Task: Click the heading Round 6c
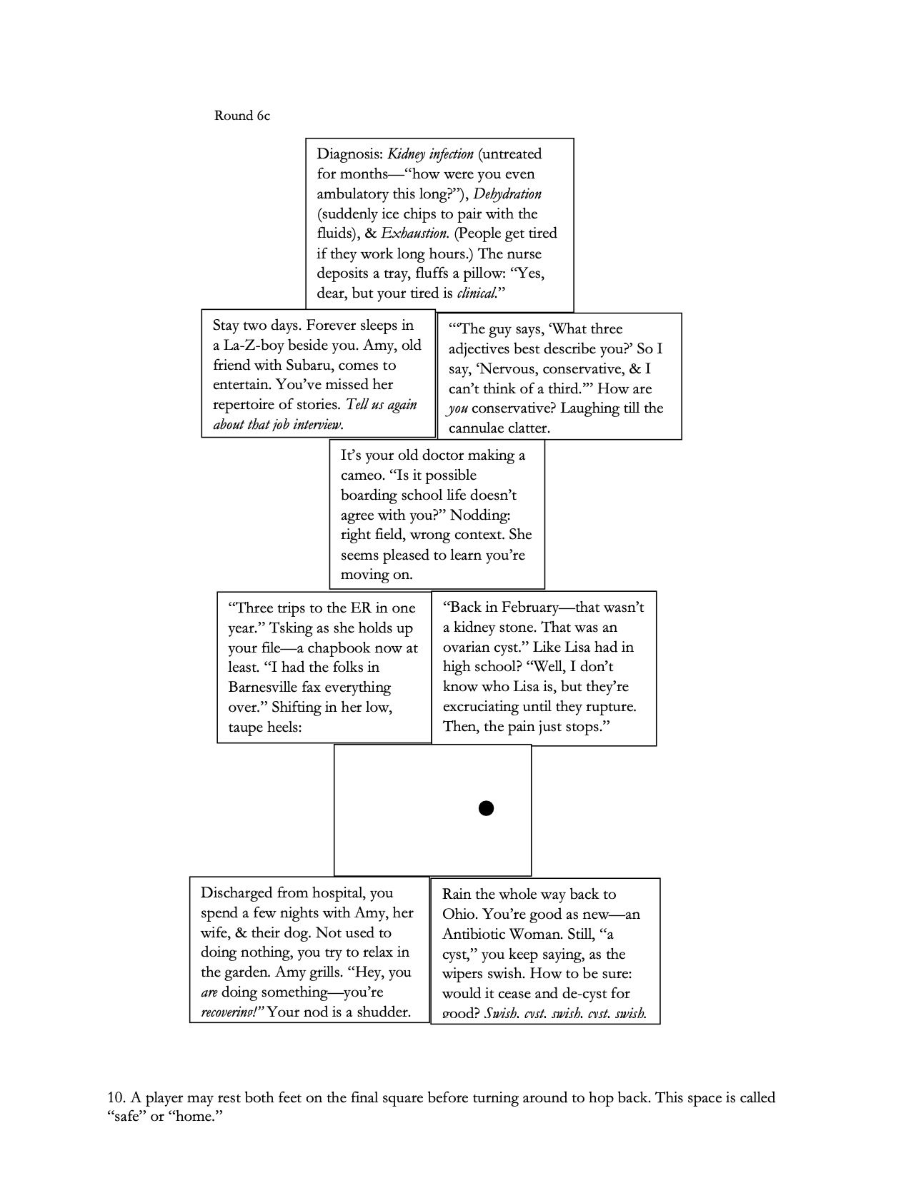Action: [x=242, y=116]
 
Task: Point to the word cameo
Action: [x=362, y=475]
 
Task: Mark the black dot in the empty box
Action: [x=486, y=808]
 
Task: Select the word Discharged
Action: [x=235, y=893]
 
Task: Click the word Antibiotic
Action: [x=476, y=934]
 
